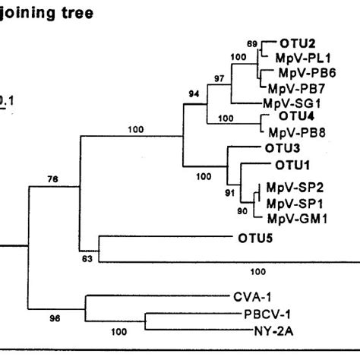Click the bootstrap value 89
click(252, 44)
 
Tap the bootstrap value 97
click(219, 80)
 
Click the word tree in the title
click(71, 14)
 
